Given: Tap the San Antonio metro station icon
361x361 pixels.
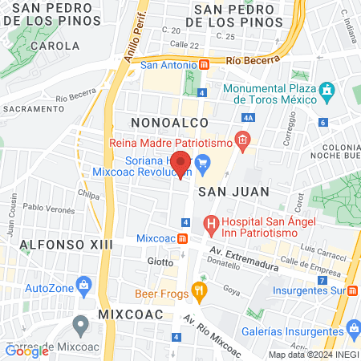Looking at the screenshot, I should [x=205, y=64].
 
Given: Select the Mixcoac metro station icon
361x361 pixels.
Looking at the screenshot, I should [x=183, y=238].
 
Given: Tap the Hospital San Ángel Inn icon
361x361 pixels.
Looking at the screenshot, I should [x=212, y=223].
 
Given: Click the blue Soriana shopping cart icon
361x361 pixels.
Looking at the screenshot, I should [x=203, y=165].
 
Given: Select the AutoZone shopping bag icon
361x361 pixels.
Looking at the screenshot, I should [x=83, y=286].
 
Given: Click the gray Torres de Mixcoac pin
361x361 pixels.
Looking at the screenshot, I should [x=80, y=326].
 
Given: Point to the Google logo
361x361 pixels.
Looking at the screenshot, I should [x=27, y=351].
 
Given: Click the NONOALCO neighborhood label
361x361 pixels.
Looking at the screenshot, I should [x=169, y=122].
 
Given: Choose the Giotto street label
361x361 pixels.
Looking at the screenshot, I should [x=160, y=262].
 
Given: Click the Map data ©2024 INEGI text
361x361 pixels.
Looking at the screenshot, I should [x=313, y=355].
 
